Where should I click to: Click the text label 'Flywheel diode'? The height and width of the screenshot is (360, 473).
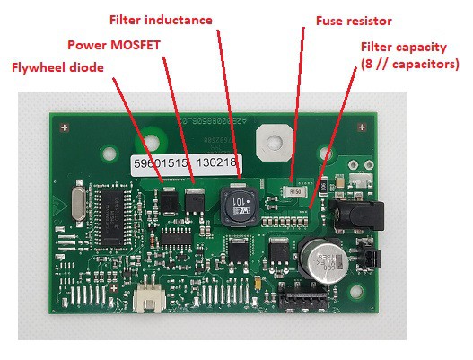coord(58,66)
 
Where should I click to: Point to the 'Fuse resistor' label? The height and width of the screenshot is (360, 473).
coord(353,20)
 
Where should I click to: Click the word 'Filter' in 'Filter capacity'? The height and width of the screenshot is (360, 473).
coord(377,47)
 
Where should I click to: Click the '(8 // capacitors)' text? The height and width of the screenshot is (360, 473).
coord(408,64)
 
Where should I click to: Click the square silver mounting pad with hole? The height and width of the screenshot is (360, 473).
coord(272,140)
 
